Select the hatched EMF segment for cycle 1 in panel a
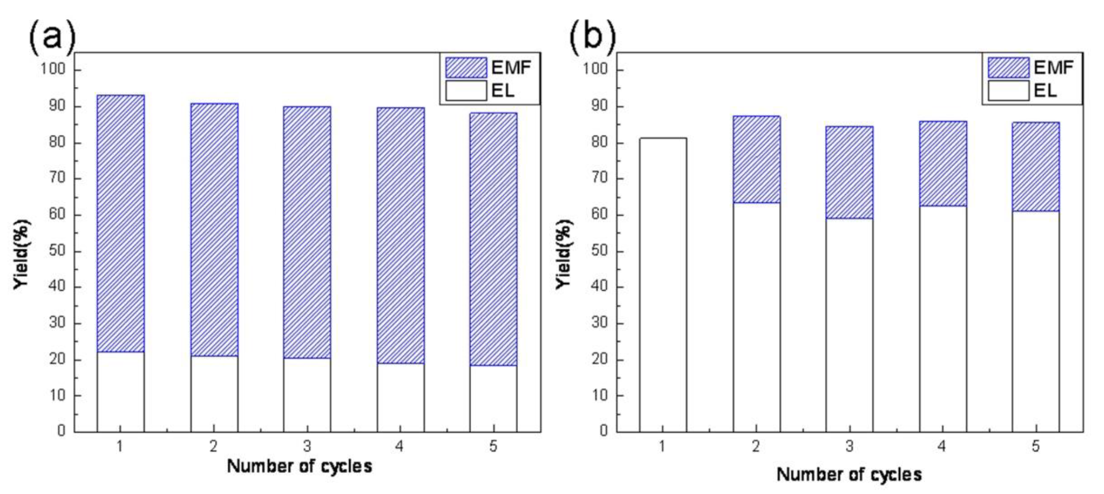pyautogui.click(x=120, y=223)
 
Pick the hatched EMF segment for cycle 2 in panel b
pyautogui.click(x=756, y=159)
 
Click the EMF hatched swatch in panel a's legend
pyautogui.click(x=466, y=67)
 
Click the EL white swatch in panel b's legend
pyautogui.click(x=1008, y=91)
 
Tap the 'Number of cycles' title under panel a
pyautogui.click(x=300, y=466)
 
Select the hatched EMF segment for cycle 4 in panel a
pyautogui.click(x=400, y=235)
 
